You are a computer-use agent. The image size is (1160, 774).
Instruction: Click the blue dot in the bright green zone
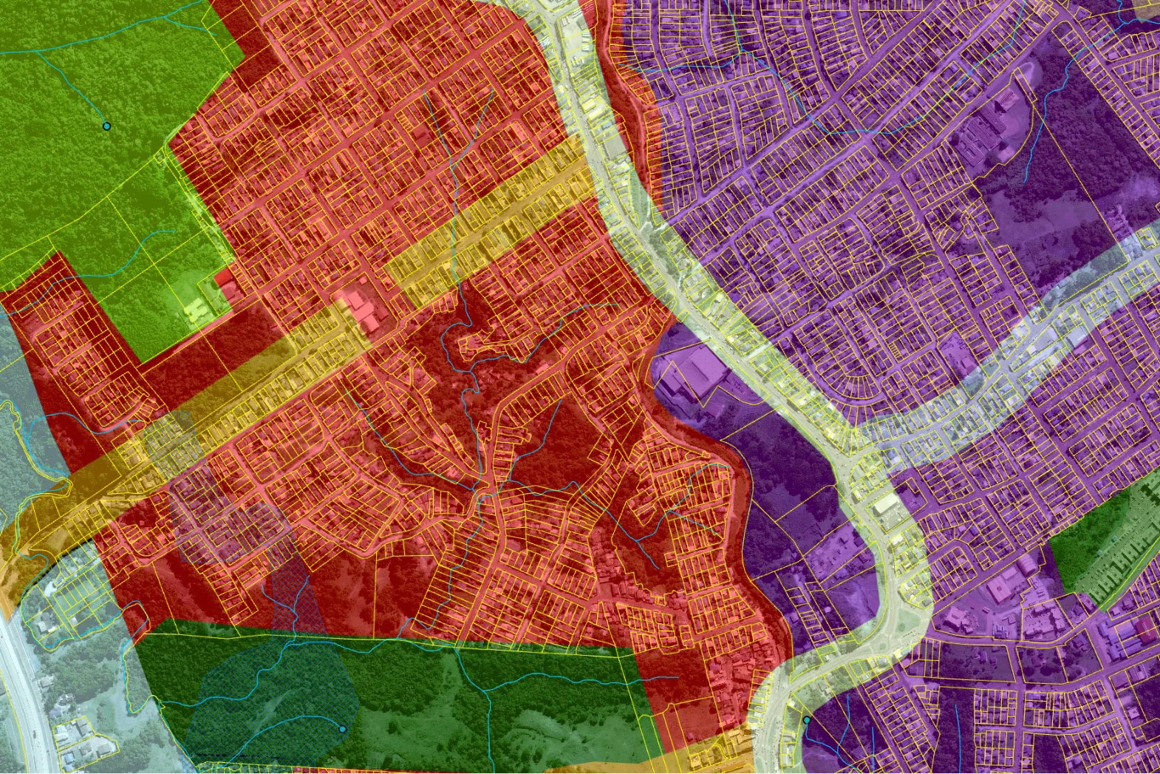coord(106,126)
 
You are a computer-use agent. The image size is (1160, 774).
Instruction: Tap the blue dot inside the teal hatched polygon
coord(342,729)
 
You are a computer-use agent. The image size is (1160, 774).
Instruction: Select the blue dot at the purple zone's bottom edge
coord(807,720)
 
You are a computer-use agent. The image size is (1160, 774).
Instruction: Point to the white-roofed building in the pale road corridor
coord(884,507)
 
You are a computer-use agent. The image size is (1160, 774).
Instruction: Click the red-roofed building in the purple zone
coord(1145,629)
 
